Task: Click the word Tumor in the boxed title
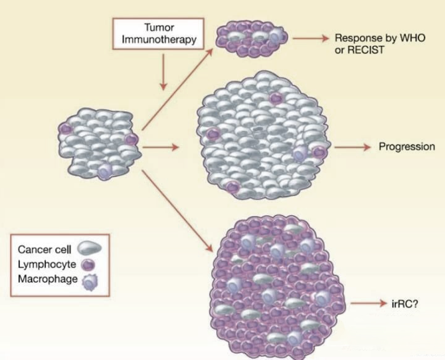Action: (159, 27)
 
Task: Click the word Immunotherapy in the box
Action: (159, 40)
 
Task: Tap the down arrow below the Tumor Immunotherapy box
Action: (163, 72)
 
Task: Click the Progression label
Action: (407, 146)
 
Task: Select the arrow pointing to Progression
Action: (353, 147)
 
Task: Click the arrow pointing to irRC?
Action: (369, 303)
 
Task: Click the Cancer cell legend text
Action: (45, 249)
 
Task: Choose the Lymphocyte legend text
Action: (47, 265)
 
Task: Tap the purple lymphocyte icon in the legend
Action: (88, 265)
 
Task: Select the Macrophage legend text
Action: (47, 279)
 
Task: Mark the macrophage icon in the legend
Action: (90, 281)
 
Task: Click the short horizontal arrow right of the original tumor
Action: (161, 147)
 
